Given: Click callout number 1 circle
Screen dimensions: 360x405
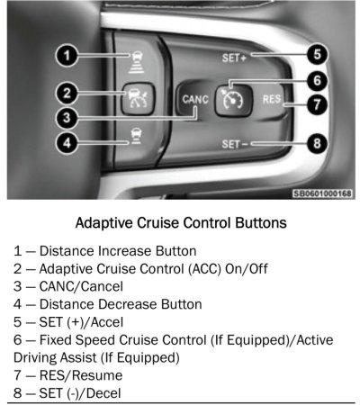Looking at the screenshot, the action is click(x=67, y=56).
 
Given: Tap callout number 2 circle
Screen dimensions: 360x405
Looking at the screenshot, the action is click(x=67, y=94).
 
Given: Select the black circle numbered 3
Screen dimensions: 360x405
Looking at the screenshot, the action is click(x=67, y=118).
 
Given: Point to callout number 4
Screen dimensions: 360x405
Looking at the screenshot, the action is click(x=67, y=142).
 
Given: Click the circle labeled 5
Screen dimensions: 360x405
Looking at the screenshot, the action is click(x=317, y=55).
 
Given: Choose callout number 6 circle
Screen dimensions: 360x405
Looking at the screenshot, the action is click(x=317, y=80).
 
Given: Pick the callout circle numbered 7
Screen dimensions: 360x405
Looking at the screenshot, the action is click(x=317, y=104).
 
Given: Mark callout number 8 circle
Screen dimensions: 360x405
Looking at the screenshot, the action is click(x=317, y=143).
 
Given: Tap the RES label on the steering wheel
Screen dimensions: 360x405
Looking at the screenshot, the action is click(x=272, y=99).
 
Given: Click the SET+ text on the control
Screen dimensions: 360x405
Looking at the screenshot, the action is click(x=234, y=58).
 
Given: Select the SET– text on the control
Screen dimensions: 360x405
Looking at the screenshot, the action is click(x=235, y=144).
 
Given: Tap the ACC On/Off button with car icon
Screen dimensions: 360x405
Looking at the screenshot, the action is click(x=138, y=98).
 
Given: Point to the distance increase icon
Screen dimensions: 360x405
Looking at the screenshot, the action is click(x=137, y=62).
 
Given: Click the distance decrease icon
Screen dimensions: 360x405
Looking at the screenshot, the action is click(x=136, y=136).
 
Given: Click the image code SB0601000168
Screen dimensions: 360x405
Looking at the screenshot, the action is click(x=322, y=193).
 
